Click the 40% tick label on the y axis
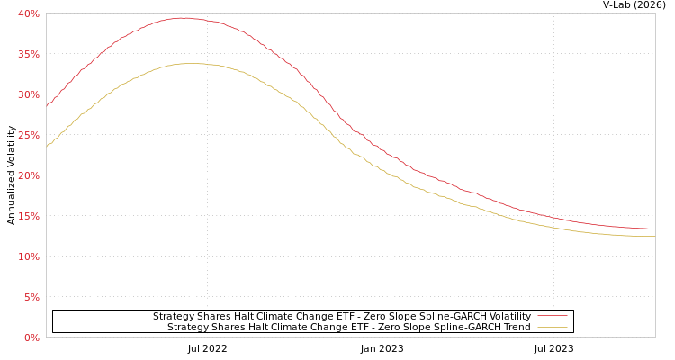click(x=29, y=13)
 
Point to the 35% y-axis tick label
click(x=29, y=54)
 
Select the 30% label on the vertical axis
click(x=29, y=94)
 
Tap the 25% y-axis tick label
click(x=29, y=135)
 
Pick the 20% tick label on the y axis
click(x=29, y=175)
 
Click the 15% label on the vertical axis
click(x=29, y=216)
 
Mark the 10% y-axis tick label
click(x=29, y=256)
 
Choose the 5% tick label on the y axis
click(x=31, y=297)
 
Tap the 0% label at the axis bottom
click(x=31, y=337)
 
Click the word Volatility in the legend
click(x=508, y=317)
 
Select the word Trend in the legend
click(x=516, y=328)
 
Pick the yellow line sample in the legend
click(x=552, y=328)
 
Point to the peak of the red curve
click(x=183, y=18)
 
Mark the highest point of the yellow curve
click(x=189, y=63)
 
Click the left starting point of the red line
click(x=47, y=105)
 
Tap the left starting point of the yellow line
click(x=47, y=146)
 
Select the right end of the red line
click(x=654, y=229)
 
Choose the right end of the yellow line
click(x=654, y=236)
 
